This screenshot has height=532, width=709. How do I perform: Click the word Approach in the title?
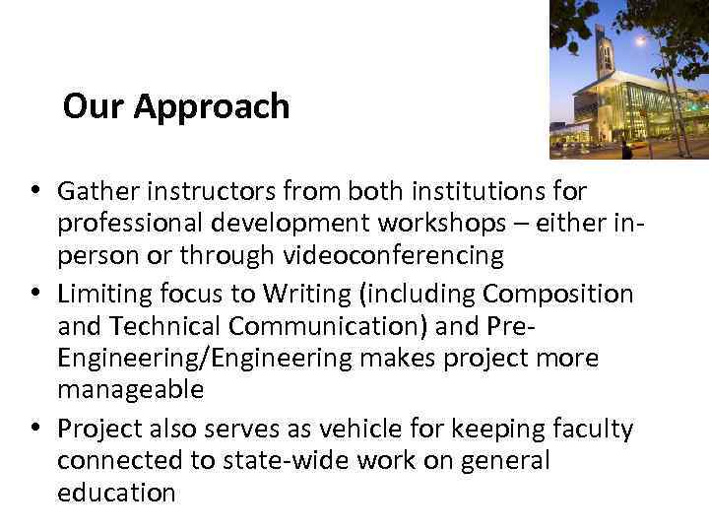coord(212,107)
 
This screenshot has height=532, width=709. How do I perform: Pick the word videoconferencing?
coord(394,256)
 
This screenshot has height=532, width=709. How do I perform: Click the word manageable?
coord(130,390)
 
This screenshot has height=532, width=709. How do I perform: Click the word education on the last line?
coord(116,494)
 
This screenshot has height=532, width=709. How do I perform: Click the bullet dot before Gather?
coord(34,189)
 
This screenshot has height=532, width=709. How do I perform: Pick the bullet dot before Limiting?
coord(34,293)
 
